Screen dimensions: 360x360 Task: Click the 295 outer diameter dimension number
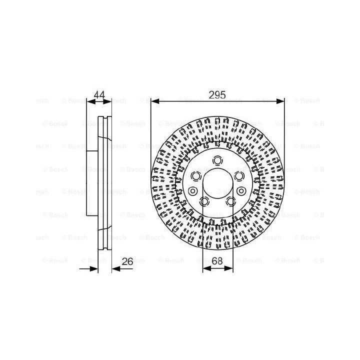click(x=217, y=95)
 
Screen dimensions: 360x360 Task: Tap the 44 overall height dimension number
click(x=99, y=95)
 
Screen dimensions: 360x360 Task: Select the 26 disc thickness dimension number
click(x=127, y=261)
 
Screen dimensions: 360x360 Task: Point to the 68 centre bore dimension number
click(x=217, y=261)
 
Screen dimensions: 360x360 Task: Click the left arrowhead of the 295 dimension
click(x=155, y=101)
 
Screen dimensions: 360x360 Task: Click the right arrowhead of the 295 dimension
click(x=280, y=101)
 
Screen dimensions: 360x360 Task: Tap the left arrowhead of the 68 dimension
click(x=207, y=268)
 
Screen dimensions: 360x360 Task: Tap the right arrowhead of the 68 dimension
click(x=229, y=268)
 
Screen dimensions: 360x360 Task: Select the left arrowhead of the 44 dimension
click(x=91, y=101)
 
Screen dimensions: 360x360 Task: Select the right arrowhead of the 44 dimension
click(x=107, y=101)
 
